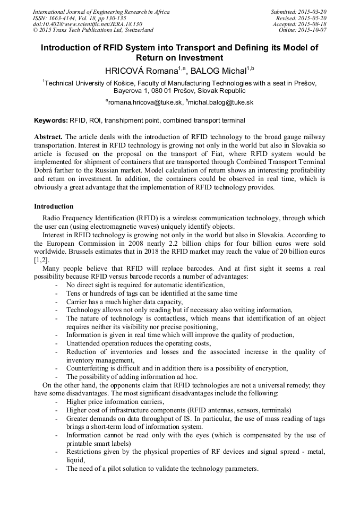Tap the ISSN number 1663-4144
[64, 18]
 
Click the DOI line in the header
[88, 24]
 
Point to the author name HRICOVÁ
[123, 71]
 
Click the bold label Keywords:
[50, 121]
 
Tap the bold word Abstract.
[49, 136]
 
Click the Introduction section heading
[54, 206]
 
